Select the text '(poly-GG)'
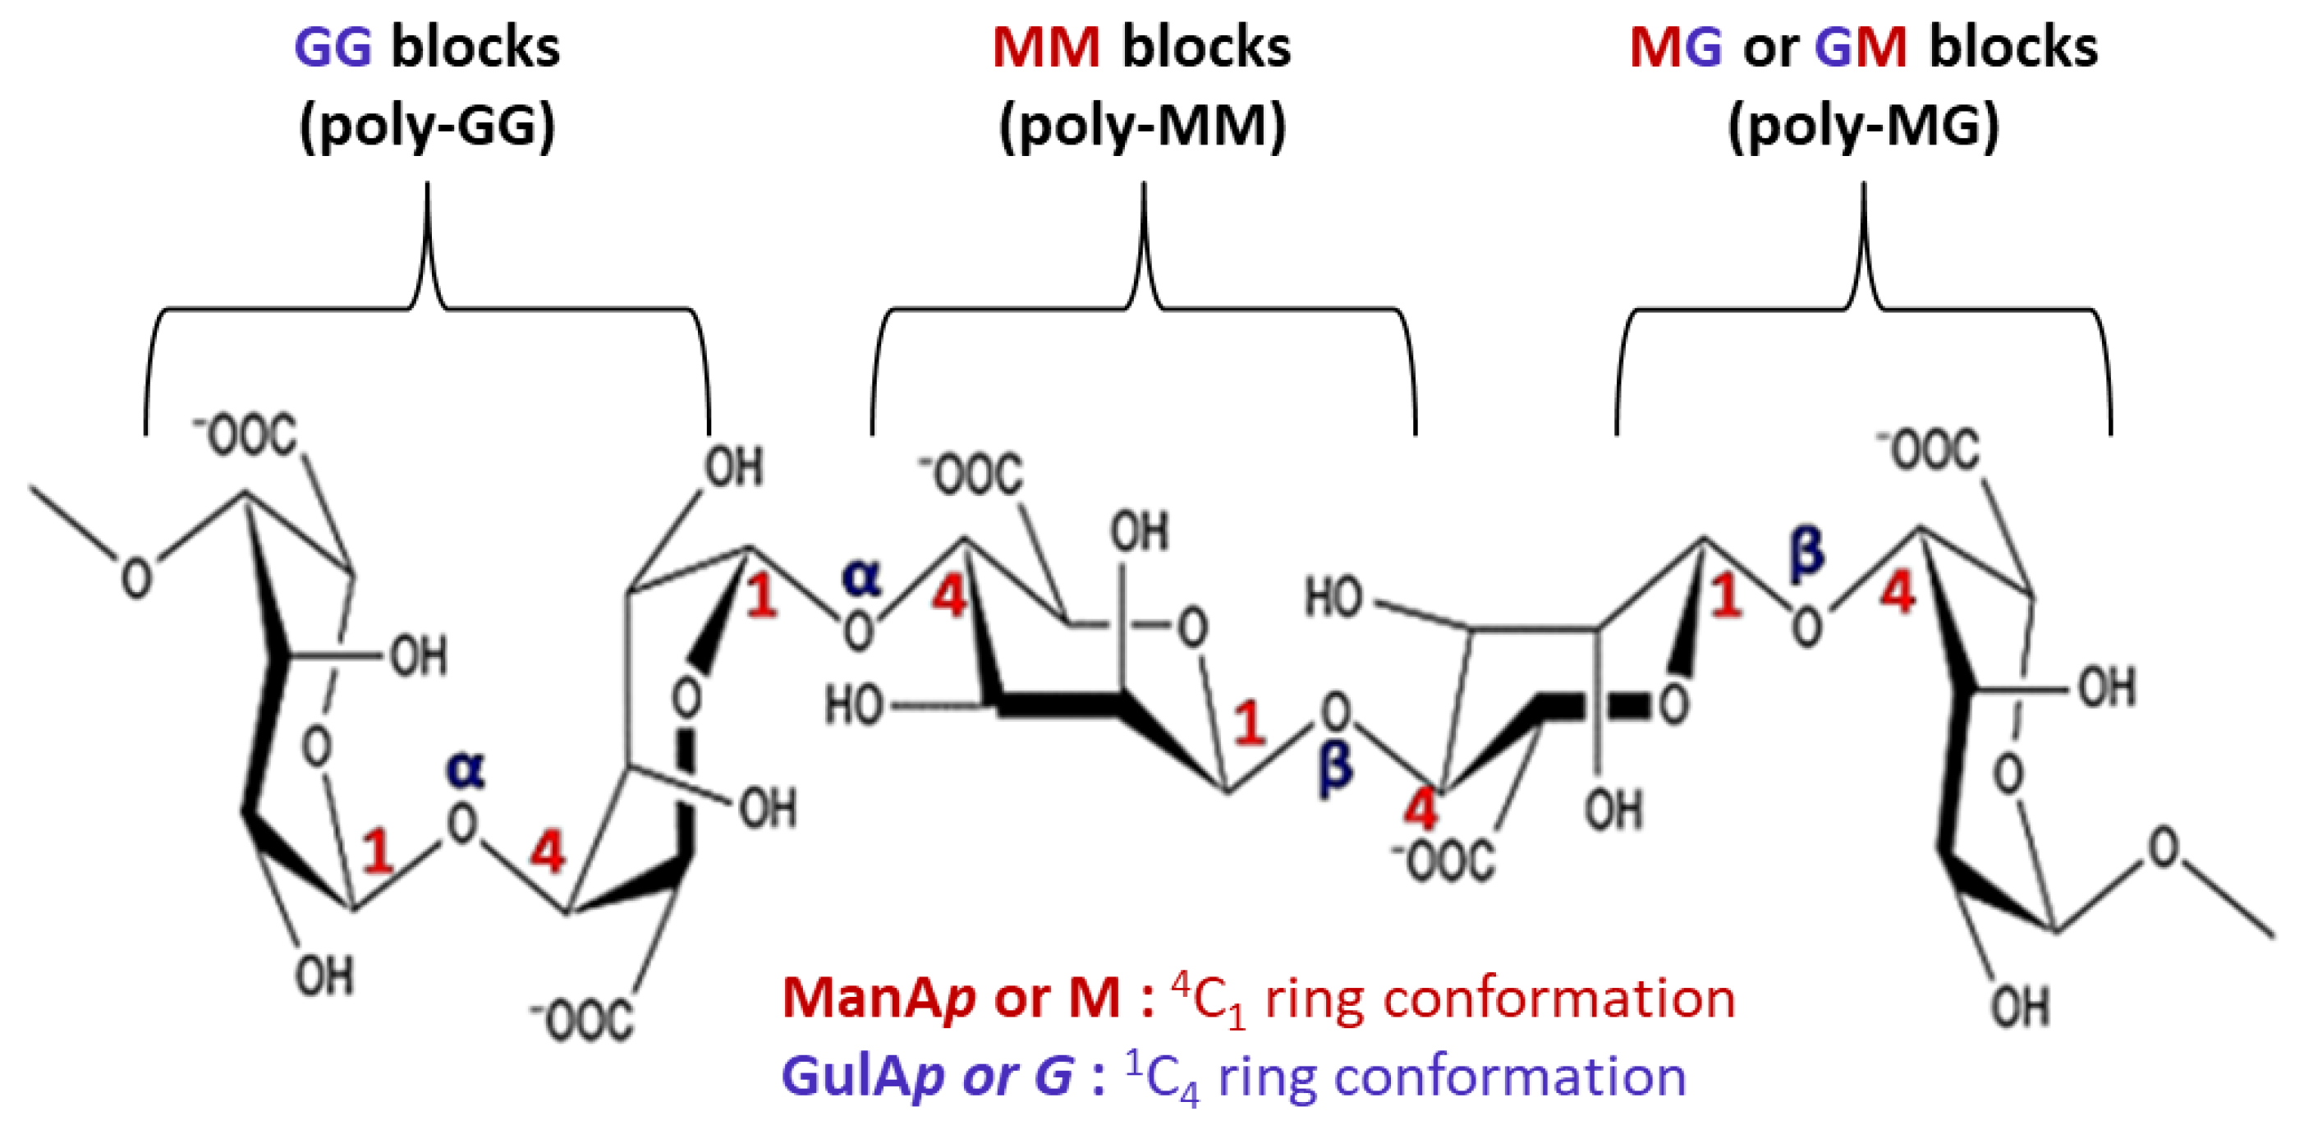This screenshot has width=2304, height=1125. (427, 127)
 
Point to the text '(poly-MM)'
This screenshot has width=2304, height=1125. (1142, 127)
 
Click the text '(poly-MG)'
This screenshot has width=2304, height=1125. (1864, 127)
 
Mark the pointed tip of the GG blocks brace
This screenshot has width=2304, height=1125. (427, 186)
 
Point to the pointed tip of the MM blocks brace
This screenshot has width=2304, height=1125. (1144, 186)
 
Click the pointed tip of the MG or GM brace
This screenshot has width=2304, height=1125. (1864, 186)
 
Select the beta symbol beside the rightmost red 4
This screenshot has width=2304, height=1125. (1806, 552)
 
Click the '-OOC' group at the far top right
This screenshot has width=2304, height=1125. (1930, 450)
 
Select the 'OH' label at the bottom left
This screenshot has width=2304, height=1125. (324, 976)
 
